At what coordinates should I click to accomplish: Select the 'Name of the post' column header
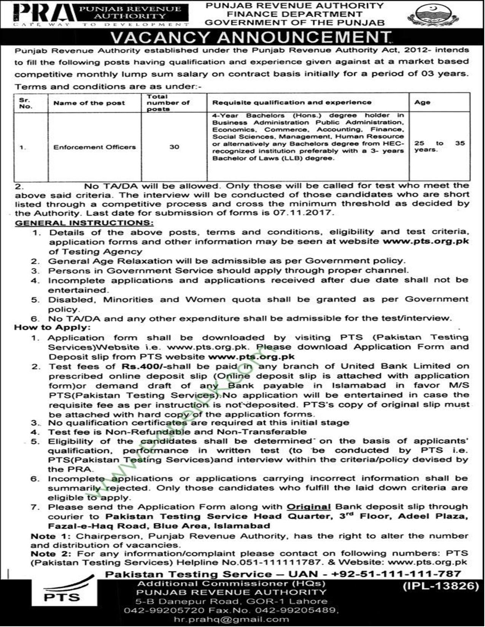89,103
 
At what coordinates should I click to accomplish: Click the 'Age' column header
423,102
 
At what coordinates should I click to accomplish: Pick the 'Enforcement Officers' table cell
94,147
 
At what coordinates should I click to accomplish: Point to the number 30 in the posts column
174,147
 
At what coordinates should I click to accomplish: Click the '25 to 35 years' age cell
439,147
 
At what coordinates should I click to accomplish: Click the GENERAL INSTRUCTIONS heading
84,223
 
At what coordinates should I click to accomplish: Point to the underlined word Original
308,507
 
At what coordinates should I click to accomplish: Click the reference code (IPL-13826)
440,586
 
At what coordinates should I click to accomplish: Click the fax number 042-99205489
308,610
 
